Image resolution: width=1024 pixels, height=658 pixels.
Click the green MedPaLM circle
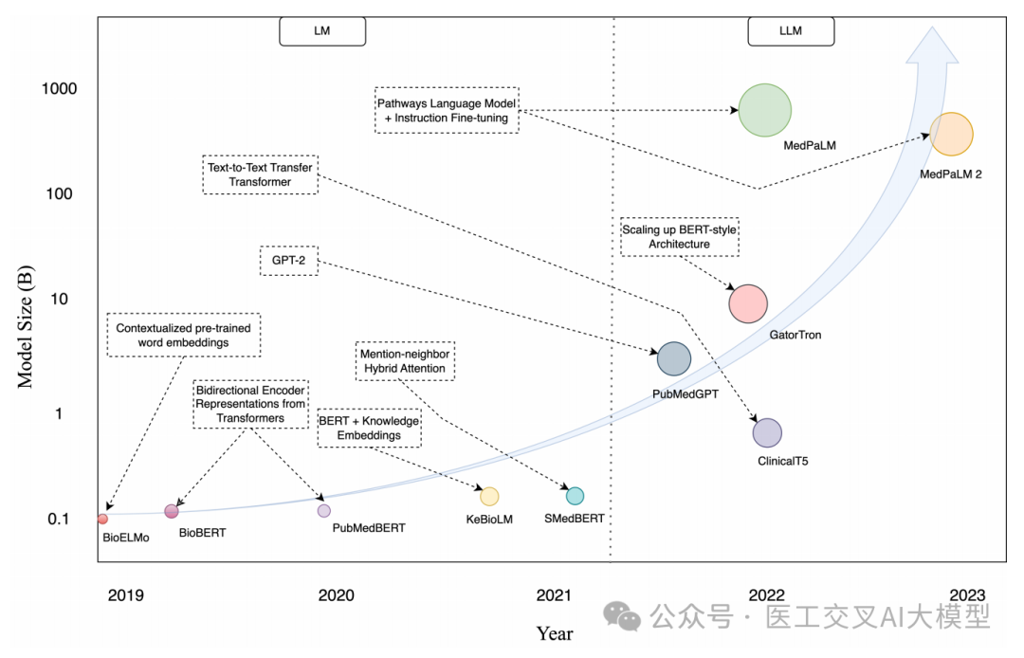[765, 110]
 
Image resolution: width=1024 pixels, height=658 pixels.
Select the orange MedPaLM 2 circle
[951, 134]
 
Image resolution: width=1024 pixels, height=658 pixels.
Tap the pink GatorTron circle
[747, 302]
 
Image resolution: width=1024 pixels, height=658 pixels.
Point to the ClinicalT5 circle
[767, 432]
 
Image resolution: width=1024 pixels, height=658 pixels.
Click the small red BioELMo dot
[102, 519]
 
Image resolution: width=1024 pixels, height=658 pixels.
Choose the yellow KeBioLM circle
[489, 496]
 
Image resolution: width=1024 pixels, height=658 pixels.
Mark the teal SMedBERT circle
[575, 496]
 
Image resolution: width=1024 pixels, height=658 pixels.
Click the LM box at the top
[322, 30]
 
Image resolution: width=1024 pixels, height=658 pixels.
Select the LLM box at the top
[791, 30]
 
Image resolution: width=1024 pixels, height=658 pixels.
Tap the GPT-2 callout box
[288, 261]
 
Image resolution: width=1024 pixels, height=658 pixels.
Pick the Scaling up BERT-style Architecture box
[679, 236]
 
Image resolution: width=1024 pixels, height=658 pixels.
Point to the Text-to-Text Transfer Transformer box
[260, 174]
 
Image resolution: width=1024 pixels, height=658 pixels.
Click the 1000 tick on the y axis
[59, 89]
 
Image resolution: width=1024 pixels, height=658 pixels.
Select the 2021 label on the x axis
[554, 595]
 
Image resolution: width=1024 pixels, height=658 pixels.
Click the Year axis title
[554, 632]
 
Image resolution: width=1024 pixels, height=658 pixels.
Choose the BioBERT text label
[203, 533]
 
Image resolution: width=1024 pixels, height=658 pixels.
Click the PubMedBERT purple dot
[324, 510]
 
